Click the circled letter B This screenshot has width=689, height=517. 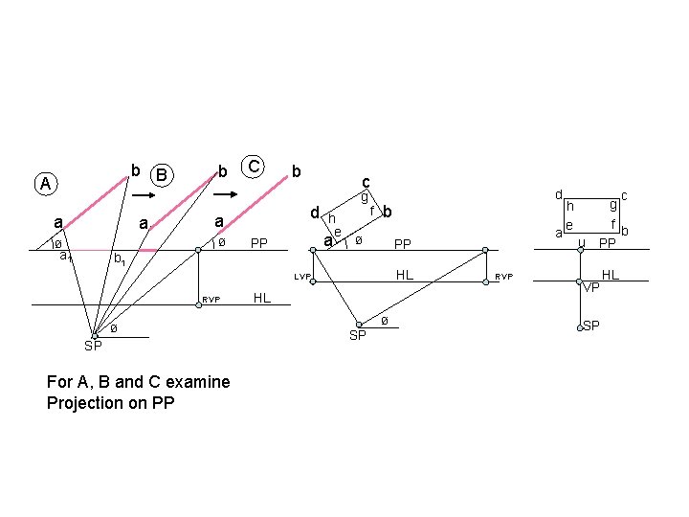pos(163,175)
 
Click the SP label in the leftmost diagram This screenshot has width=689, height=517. pos(93,346)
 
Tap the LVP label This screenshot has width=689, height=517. pos(303,278)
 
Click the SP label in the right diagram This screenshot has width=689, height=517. pos(591,326)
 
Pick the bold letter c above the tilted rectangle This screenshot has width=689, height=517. pos(366,182)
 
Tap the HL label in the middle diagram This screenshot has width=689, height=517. pos(406,275)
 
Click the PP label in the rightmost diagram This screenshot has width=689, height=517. pos(607,244)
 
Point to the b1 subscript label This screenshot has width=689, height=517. pos(119,259)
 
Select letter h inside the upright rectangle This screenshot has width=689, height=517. pos(570,205)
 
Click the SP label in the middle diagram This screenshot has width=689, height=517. pos(357,335)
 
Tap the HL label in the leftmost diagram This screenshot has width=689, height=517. pos(260,298)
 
